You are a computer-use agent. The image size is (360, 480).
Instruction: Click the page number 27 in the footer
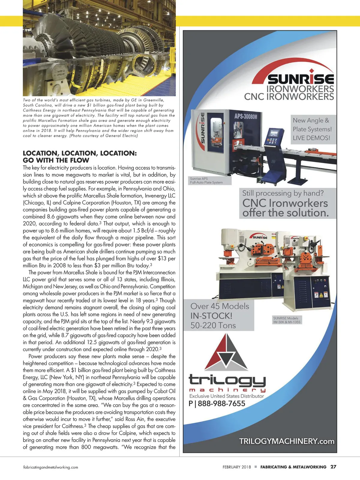(x=333, y=467)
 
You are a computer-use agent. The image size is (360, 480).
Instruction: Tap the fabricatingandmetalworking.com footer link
(x=51, y=467)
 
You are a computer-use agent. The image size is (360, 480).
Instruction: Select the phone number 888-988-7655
(x=221, y=403)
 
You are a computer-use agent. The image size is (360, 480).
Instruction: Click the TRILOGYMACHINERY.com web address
(x=286, y=441)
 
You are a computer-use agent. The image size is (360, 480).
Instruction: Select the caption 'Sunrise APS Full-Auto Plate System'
(x=206, y=180)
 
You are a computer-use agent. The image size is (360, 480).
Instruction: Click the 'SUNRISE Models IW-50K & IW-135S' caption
(x=286, y=320)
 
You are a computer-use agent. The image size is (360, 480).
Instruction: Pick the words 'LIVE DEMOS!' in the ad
(x=311, y=138)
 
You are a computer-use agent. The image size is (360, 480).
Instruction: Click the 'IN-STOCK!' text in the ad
(x=211, y=316)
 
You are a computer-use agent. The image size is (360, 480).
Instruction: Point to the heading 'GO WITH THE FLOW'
(x=56, y=160)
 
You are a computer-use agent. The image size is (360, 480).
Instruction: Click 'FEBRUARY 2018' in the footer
(x=237, y=467)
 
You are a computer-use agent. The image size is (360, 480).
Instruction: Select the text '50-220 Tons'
(x=213, y=325)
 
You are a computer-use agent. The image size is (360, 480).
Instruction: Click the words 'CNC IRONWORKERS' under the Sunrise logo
(x=289, y=97)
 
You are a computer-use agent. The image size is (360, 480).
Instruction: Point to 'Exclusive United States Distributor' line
(x=226, y=396)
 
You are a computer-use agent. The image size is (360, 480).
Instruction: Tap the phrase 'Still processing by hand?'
(x=283, y=193)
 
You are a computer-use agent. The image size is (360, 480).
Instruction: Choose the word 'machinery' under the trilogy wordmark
(x=227, y=390)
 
